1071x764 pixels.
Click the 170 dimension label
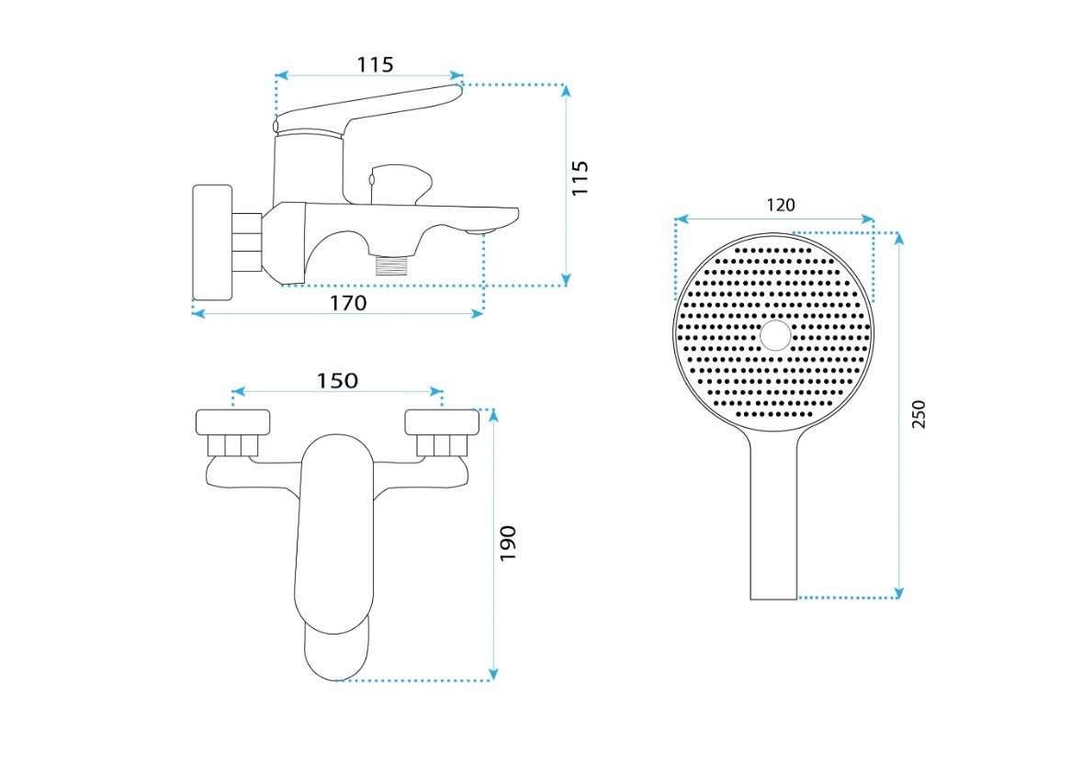pos(348,302)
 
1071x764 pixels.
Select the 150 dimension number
pos(337,380)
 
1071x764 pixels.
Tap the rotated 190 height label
pos(508,544)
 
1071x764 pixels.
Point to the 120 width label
pos(781,205)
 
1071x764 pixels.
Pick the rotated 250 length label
pos(919,414)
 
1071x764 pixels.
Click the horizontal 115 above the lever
pos(376,65)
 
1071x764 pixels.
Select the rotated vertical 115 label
pos(580,179)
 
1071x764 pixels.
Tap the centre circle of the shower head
pos(775,336)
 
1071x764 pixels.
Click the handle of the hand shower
pos(774,519)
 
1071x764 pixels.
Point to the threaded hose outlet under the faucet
pos(391,264)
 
